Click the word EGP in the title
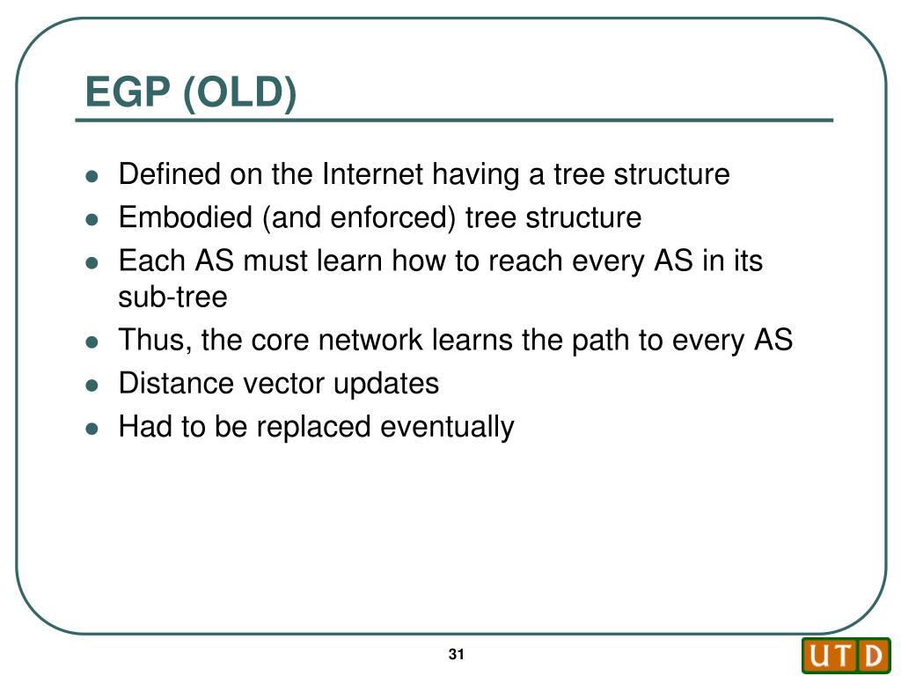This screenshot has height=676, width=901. tap(128, 92)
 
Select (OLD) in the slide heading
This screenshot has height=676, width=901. tap(240, 92)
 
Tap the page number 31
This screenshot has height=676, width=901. tap(457, 654)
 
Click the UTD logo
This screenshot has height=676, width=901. tap(846, 655)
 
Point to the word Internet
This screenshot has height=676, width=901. tap(373, 173)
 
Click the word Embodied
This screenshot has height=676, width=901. tap(186, 217)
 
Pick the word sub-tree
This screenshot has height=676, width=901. tap(172, 297)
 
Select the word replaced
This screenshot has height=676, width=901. tap(313, 427)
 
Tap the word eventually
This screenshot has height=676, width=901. tap(447, 427)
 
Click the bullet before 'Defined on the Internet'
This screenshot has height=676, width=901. tap(92, 176)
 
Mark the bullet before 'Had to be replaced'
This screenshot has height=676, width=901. tap(92, 429)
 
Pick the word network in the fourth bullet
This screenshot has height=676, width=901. tap(370, 340)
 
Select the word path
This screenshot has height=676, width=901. tap(600, 341)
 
